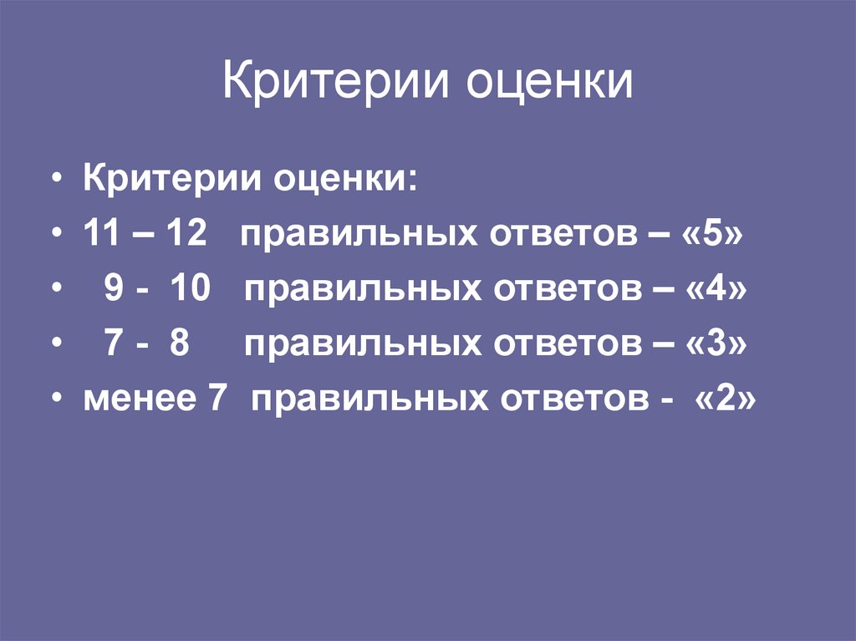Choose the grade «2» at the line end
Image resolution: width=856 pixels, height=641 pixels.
click(725, 400)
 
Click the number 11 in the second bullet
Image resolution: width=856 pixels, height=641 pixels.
click(101, 235)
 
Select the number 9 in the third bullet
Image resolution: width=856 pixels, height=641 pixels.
click(115, 290)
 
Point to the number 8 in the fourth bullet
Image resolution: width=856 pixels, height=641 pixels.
click(179, 345)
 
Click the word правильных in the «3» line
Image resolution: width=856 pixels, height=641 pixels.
click(363, 345)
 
